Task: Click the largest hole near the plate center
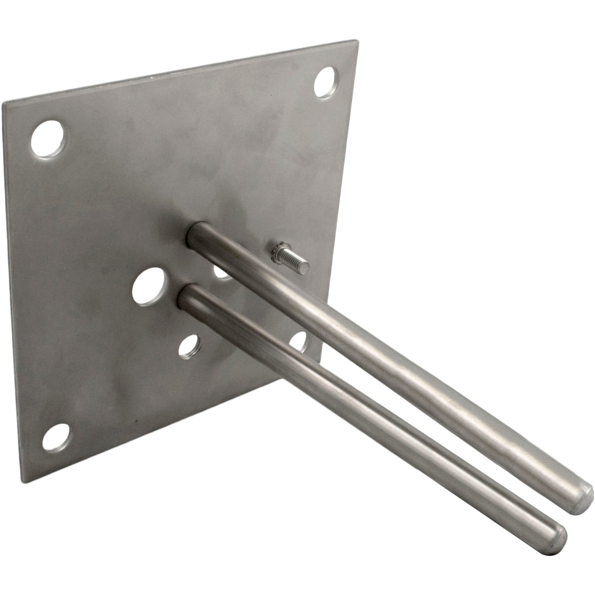point(148,286)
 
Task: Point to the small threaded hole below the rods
point(188,346)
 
